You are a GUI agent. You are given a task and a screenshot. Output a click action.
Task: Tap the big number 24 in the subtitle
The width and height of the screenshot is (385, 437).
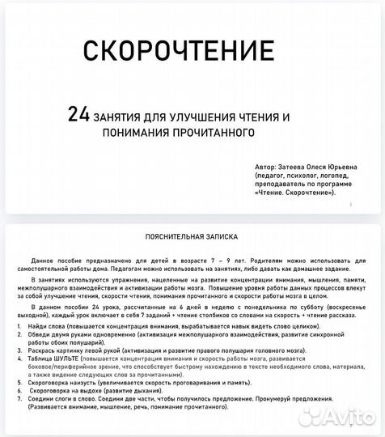(x=78, y=116)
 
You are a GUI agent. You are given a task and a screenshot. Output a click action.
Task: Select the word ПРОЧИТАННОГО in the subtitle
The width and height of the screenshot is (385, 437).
(x=213, y=132)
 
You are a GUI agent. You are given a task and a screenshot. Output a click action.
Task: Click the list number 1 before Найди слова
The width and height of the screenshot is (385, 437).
(x=19, y=324)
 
